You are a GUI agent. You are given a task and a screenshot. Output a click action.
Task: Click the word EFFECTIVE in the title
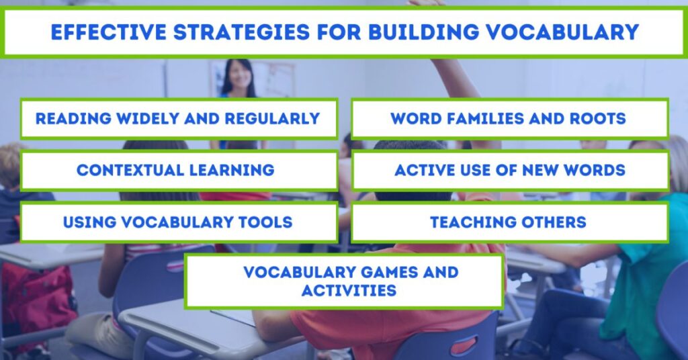pos(109,32)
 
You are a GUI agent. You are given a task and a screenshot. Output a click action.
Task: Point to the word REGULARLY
pos(272,118)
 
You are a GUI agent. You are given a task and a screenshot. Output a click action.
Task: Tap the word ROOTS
pos(597,118)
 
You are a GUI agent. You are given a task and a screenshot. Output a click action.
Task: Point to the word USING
pos(90,222)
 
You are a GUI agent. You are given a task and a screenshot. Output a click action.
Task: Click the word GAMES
pos(388,272)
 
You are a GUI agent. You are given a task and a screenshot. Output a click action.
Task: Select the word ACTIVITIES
pos(349,291)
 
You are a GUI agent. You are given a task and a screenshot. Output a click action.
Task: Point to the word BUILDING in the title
pos(424,32)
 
